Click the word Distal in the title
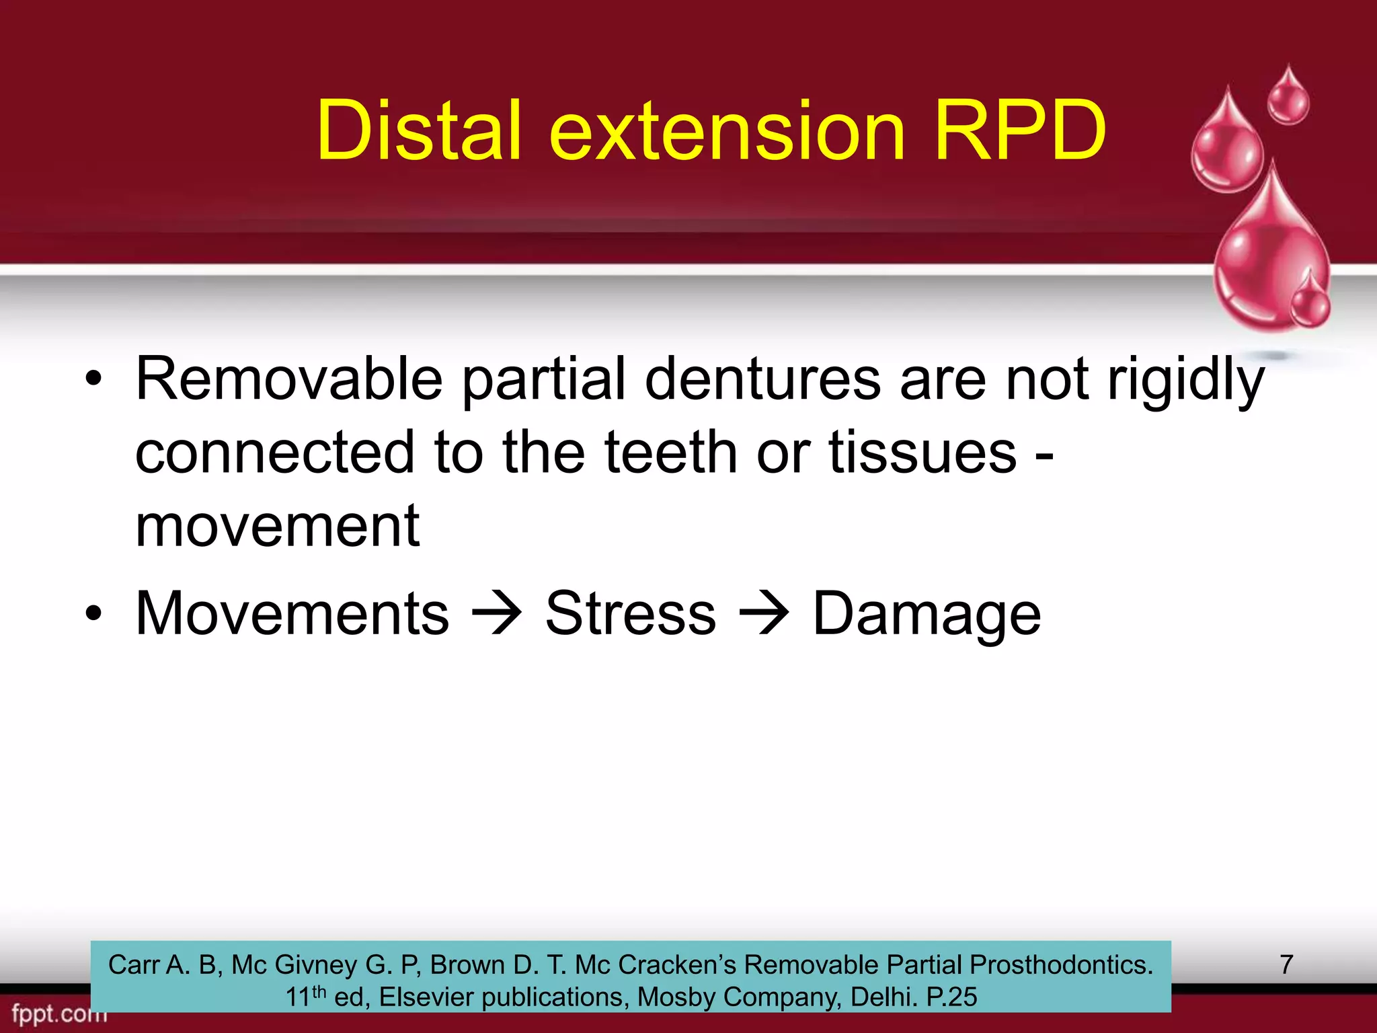point(419,130)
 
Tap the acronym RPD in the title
point(1019,130)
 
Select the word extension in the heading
point(727,130)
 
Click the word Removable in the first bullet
point(289,379)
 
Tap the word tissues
point(922,453)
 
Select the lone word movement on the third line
point(278,527)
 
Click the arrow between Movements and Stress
point(498,613)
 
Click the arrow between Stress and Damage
point(764,613)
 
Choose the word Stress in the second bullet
point(631,613)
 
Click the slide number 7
point(1286,964)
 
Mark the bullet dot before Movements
point(93,613)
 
